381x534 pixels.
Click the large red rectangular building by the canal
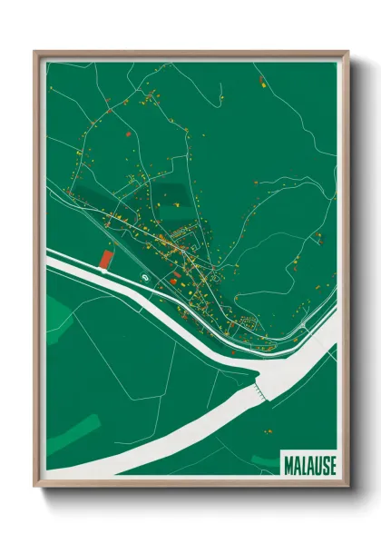[x=105, y=260]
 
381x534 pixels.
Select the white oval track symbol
[x=143, y=275]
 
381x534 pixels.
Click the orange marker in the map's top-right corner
[x=261, y=83]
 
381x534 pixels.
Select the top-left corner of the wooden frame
[x=35, y=53]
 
